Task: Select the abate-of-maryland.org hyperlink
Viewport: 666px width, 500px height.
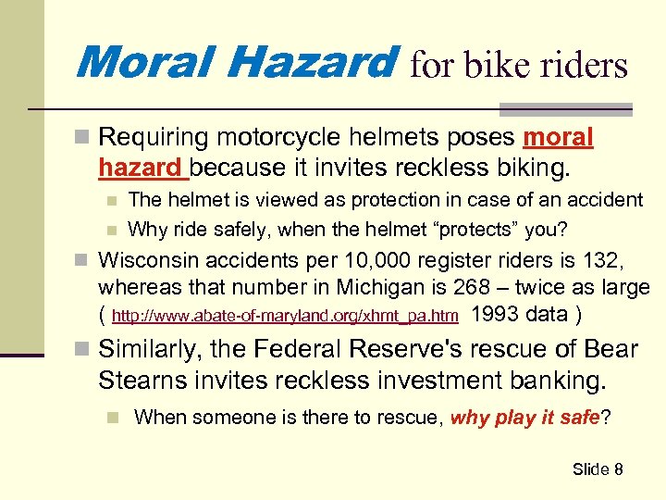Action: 284,317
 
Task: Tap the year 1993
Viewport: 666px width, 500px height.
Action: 495,314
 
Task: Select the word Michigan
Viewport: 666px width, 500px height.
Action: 388,288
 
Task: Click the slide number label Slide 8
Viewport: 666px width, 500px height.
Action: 597,469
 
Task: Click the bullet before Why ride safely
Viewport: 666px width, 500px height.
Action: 112,229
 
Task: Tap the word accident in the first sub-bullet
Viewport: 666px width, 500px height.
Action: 606,199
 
